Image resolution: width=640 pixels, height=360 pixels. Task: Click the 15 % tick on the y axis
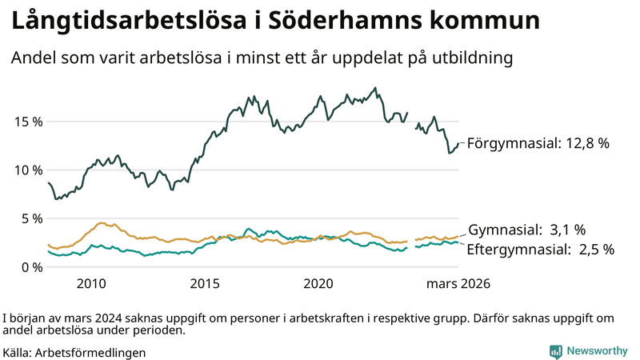coord(26,122)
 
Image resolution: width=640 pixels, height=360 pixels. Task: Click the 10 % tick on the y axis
coord(26,170)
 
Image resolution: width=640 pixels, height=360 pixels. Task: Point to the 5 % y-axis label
coord(30,218)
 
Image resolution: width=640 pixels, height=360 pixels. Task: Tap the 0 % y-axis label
coord(30,266)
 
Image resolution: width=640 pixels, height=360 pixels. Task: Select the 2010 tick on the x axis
coord(91,284)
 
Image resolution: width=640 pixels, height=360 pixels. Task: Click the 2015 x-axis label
coord(205,284)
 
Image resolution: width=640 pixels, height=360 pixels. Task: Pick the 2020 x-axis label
coord(318,284)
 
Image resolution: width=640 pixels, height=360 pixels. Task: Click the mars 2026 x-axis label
coord(458,284)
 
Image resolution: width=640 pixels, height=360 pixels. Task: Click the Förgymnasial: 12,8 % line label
coord(538,144)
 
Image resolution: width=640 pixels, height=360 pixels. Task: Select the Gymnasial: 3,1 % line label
coord(526,230)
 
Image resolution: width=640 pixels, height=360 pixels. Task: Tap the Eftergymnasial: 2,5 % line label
coord(540,250)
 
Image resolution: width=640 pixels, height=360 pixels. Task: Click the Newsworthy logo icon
coord(555,351)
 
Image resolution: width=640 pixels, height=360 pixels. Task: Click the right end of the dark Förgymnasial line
coord(458,144)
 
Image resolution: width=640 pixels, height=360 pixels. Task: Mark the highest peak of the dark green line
coord(375,88)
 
